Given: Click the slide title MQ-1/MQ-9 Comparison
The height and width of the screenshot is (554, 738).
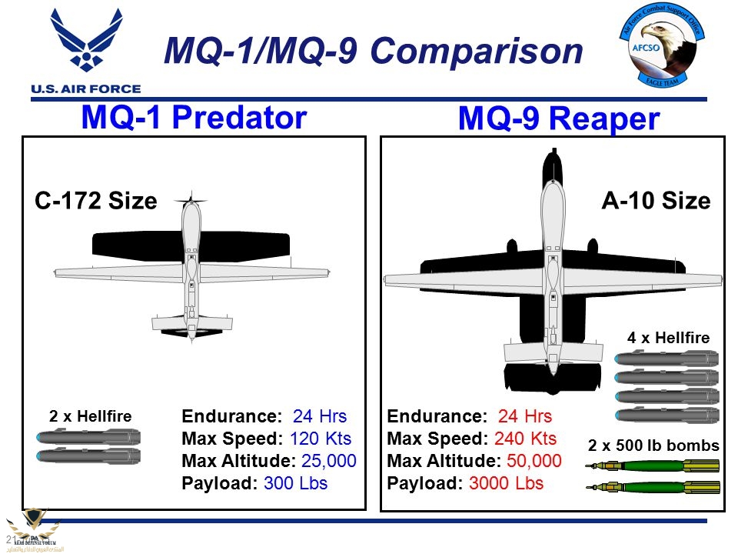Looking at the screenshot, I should [374, 51].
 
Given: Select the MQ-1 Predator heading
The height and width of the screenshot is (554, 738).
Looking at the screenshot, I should [194, 118].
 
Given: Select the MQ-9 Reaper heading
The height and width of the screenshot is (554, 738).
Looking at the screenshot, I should [559, 119].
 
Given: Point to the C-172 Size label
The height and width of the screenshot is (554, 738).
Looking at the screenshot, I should [96, 202].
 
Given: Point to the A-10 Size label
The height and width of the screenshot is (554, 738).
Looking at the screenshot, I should [656, 202].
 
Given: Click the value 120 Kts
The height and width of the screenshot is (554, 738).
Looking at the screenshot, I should [320, 439].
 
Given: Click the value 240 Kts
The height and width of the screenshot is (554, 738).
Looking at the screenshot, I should [525, 439].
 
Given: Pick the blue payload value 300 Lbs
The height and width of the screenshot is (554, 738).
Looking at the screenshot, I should [295, 484].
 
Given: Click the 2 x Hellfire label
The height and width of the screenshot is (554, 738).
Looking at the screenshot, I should [91, 416].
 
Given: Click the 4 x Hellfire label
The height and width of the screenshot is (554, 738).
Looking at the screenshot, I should [668, 337].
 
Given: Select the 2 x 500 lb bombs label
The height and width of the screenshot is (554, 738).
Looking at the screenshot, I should [653, 446].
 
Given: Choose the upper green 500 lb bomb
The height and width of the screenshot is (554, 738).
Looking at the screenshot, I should [653, 465].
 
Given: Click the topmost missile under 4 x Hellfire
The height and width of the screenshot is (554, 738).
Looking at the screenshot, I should [667, 358].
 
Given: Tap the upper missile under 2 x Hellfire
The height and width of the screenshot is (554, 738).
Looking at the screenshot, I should [89, 437].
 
